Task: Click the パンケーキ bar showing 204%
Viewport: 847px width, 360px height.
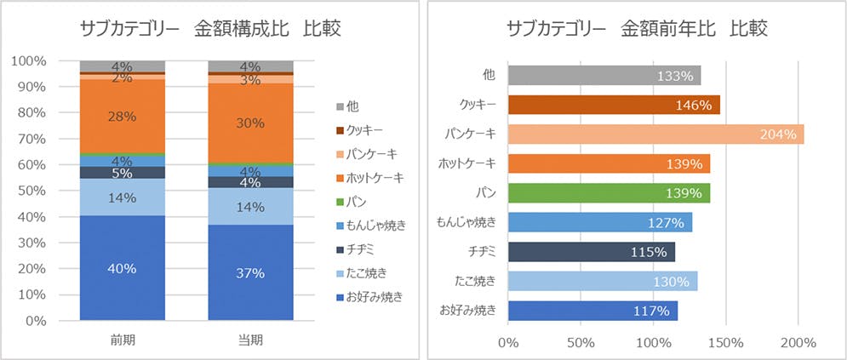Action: (x=655, y=134)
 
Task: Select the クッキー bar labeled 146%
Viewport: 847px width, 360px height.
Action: (x=614, y=105)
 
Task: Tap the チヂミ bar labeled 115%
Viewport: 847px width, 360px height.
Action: (x=591, y=252)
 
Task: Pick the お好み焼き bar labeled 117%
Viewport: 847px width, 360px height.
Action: (x=592, y=311)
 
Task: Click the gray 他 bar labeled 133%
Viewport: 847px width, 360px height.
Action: (x=604, y=75)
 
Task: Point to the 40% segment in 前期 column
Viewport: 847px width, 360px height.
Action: (x=122, y=268)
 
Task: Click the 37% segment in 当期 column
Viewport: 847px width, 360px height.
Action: (x=250, y=273)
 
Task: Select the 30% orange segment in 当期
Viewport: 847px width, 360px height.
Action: (x=250, y=123)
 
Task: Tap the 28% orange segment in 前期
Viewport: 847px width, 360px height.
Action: (x=122, y=117)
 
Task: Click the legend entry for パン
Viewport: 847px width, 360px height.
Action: (x=358, y=201)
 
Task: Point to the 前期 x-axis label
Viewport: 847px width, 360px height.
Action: (x=122, y=339)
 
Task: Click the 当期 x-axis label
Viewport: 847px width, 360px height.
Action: (x=250, y=339)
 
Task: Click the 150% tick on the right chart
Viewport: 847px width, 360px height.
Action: (x=725, y=342)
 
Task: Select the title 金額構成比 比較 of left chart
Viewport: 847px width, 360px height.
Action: (x=209, y=29)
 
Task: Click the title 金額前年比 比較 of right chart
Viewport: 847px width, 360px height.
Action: (x=637, y=29)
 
